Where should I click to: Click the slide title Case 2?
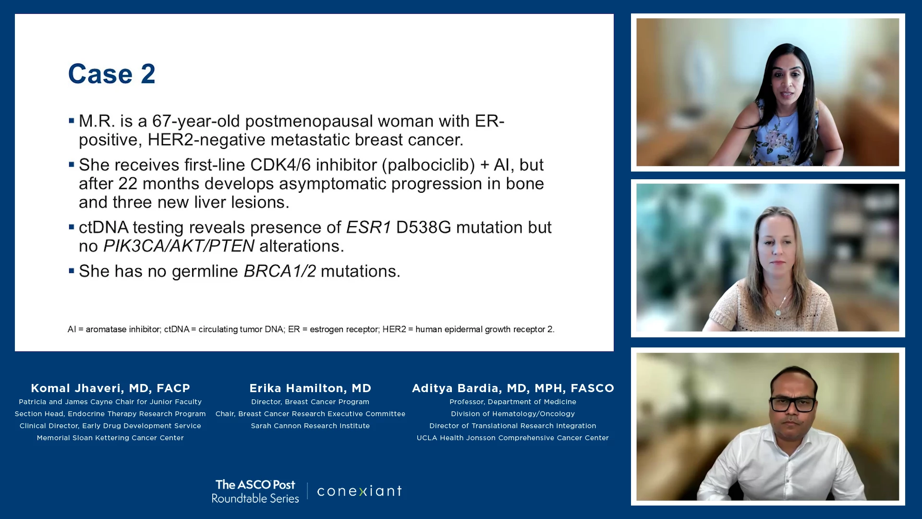click(x=111, y=74)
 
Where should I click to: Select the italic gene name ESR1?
click(x=368, y=227)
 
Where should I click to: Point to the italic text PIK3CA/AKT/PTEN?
click(x=179, y=246)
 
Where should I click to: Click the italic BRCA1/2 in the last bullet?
click(x=280, y=271)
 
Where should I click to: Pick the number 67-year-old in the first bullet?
click(x=196, y=121)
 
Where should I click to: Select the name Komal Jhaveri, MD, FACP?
click(x=110, y=388)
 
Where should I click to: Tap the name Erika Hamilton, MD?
click(x=310, y=388)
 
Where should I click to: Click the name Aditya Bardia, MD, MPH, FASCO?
click(x=513, y=388)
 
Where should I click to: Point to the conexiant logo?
click(x=359, y=491)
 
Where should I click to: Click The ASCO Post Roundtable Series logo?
click(x=255, y=491)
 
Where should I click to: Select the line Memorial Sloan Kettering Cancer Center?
click(x=110, y=438)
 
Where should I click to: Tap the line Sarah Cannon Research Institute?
click(x=310, y=426)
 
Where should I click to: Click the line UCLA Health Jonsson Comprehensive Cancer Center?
click(x=513, y=438)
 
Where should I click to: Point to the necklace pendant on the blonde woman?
click(x=778, y=312)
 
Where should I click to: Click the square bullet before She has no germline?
click(x=71, y=271)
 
